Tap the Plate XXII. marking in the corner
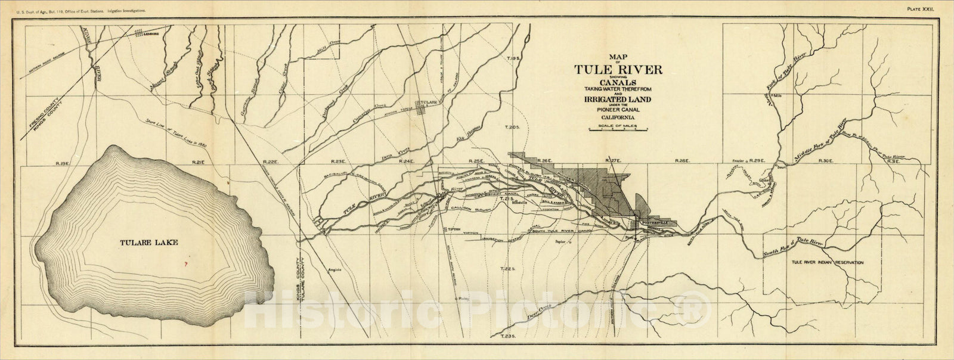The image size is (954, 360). coord(923,9)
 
